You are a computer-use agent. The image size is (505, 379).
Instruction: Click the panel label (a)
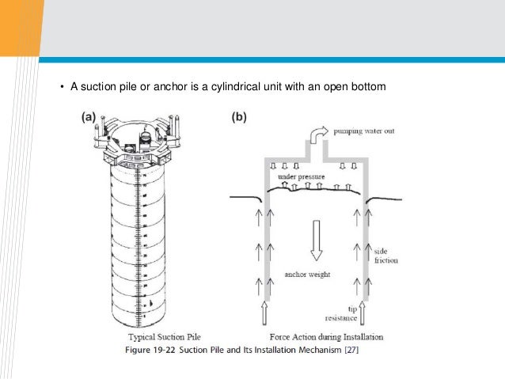coord(87,116)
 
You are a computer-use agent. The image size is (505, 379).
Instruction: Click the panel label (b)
coord(237,116)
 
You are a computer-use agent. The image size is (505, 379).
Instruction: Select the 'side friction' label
coord(386,254)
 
